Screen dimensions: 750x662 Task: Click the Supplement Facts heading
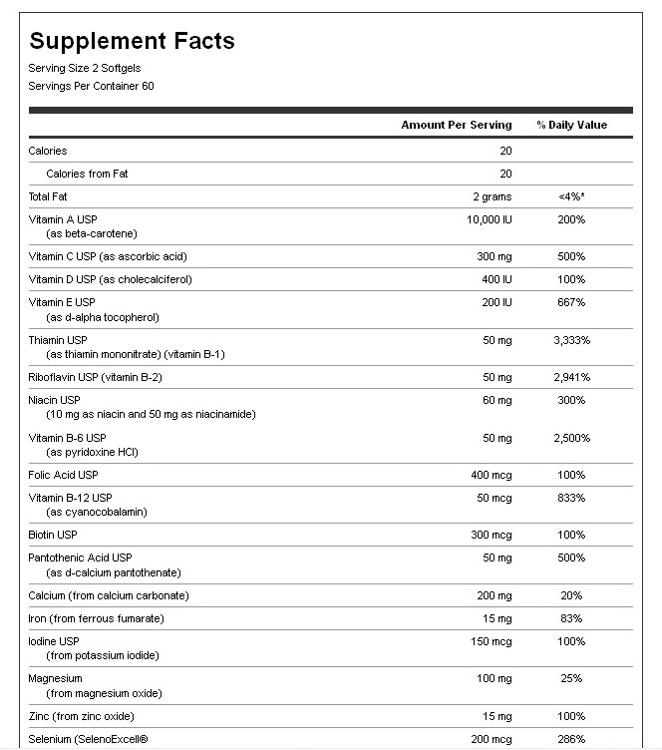pyautogui.click(x=132, y=41)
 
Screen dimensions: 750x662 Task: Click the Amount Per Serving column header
pyautogui.click(x=456, y=125)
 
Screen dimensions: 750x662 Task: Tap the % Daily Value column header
pyautogui.click(x=571, y=125)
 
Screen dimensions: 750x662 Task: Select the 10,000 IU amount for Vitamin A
pyautogui.click(x=489, y=218)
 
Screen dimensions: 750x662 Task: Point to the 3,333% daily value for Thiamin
pyautogui.click(x=571, y=340)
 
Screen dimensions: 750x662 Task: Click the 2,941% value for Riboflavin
pyautogui.click(x=571, y=377)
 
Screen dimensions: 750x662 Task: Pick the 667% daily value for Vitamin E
pyautogui.click(x=571, y=301)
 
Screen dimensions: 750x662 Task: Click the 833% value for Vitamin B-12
pyautogui.click(x=571, y=498)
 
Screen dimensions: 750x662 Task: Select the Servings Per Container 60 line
pyautogui.click(x=91, y=86)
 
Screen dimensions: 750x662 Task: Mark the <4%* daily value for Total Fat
pyautogui.click(x=571, y=196)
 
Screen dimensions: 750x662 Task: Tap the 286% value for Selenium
pyautogui.click(x=571, y=739)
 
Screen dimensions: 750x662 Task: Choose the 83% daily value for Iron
pyautogui.click(x=571, y=618)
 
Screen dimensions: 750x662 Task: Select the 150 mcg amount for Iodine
pyautogui.click(x=491, y=640)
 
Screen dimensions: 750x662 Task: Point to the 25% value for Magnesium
pyautogui.click(x=571, y=678)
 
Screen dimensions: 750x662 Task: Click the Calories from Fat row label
pyautogui.click(x=87, y=174)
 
